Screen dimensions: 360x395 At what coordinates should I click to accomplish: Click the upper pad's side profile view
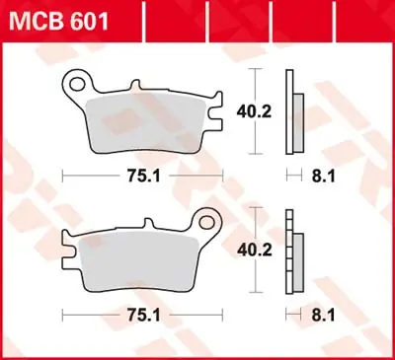pos(290,111)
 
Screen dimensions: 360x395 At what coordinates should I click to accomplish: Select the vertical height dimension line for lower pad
pos(256,252)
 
